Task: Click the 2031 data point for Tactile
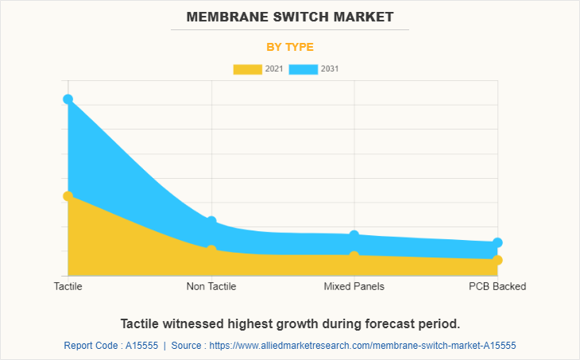click(x=68, y=99)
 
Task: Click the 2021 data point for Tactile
click(x=68, y=195)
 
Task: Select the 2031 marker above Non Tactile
click(x=211, y=221)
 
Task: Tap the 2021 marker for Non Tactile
click(x=211, y=250)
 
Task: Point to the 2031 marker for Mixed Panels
click(x=354, y=235)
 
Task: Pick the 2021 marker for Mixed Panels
click(x=354, y=256)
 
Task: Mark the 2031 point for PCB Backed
click(x=497, y=242)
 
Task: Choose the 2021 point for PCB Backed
click(x=497, y=260)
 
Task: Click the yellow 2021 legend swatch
click(x=247, y=69)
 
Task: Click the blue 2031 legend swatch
click(x=303, y=69)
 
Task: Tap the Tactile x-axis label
click(x=68, y=286)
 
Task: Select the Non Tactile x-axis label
click(x=211, y=286)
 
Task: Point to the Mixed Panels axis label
click(x=354, y=286)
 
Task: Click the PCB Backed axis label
click(x=497, y=286)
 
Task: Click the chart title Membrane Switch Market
click(x=290, y=17)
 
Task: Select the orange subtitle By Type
click(x=290, y=47)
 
